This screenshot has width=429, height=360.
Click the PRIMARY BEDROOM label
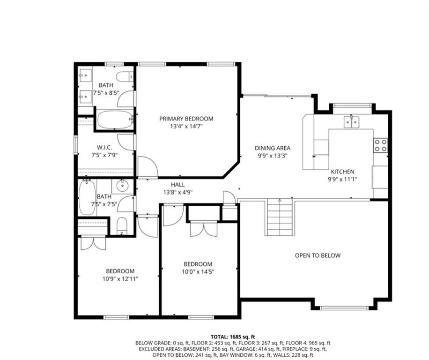[x=186, y=119]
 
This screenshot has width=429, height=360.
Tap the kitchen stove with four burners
[x=381, y=145]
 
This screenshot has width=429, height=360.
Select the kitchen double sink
[x=352, y=122]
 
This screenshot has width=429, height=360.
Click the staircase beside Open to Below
[x=280, y=217]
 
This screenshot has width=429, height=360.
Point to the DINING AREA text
[x=273, y=148]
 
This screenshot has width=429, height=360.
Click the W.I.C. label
[x=104, y=148]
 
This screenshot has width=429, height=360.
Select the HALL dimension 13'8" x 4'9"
[x=178, y=193]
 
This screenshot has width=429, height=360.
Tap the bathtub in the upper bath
[x=115, y=120]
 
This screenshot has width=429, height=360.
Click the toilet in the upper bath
[x=125, y=76]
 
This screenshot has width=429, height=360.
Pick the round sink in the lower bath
[x=122, y=186]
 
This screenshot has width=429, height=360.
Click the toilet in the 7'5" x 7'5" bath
[x=122, y=226]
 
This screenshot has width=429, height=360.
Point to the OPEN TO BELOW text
[x=318, y=255]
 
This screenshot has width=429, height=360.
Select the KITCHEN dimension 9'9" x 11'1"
[x=343, y=180]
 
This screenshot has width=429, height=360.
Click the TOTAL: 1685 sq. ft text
[x=233, y=337]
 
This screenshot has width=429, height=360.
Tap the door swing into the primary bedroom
[x=148, y=166]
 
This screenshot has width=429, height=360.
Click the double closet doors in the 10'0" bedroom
[x=204, y=229]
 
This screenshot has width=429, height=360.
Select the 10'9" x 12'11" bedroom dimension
[x=120, y=279]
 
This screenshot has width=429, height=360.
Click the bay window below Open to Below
[x=344, y=308]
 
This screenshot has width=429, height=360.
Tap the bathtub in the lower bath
[x=87, y=197]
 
